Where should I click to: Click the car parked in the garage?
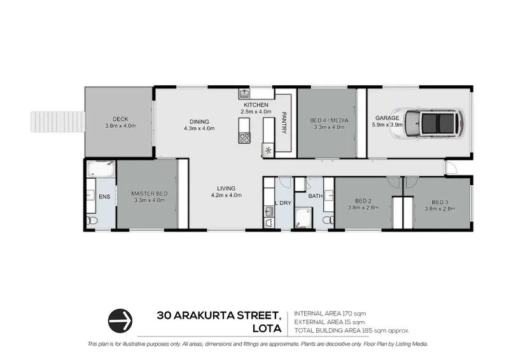[435, 123]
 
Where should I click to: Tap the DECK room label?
[120, 118]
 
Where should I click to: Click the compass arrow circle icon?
[120, 319]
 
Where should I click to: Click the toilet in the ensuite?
[93, 220]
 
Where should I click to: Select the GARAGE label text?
[387, 118]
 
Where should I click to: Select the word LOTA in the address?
[268, 329]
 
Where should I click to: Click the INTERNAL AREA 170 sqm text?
[330, 314]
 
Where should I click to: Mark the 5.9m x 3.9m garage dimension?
[387, 125]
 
